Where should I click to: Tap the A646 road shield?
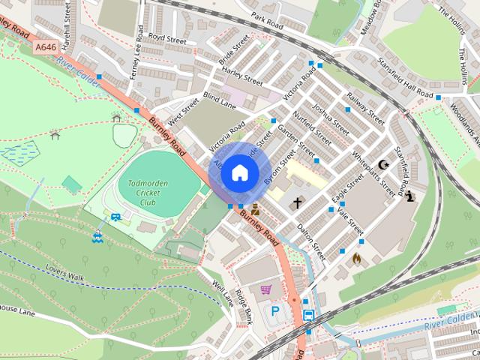coord(46,47)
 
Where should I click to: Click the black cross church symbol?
coord(297,202)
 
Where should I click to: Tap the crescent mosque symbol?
coord(385,165)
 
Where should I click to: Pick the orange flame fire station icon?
coord(357,258)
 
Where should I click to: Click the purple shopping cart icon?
coord(265,289)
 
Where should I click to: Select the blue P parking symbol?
coord(275,310)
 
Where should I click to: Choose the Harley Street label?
coord(242,76)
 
